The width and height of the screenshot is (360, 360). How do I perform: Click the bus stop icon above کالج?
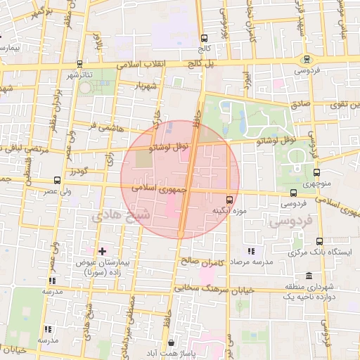click(x=204, y=39)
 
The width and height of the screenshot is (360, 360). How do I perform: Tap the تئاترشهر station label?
click(x=79, y=75)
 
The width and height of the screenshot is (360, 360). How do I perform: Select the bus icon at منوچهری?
click(x=315, y=172)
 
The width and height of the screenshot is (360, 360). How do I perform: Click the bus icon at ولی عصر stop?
click(x=57, y=181)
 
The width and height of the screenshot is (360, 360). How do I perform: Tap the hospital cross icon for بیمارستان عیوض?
click(x=103, y=251)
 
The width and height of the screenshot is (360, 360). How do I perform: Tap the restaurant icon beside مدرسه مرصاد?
click(x=251, y=251)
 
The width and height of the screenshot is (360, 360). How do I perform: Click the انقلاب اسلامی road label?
click(x=155, y=63)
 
